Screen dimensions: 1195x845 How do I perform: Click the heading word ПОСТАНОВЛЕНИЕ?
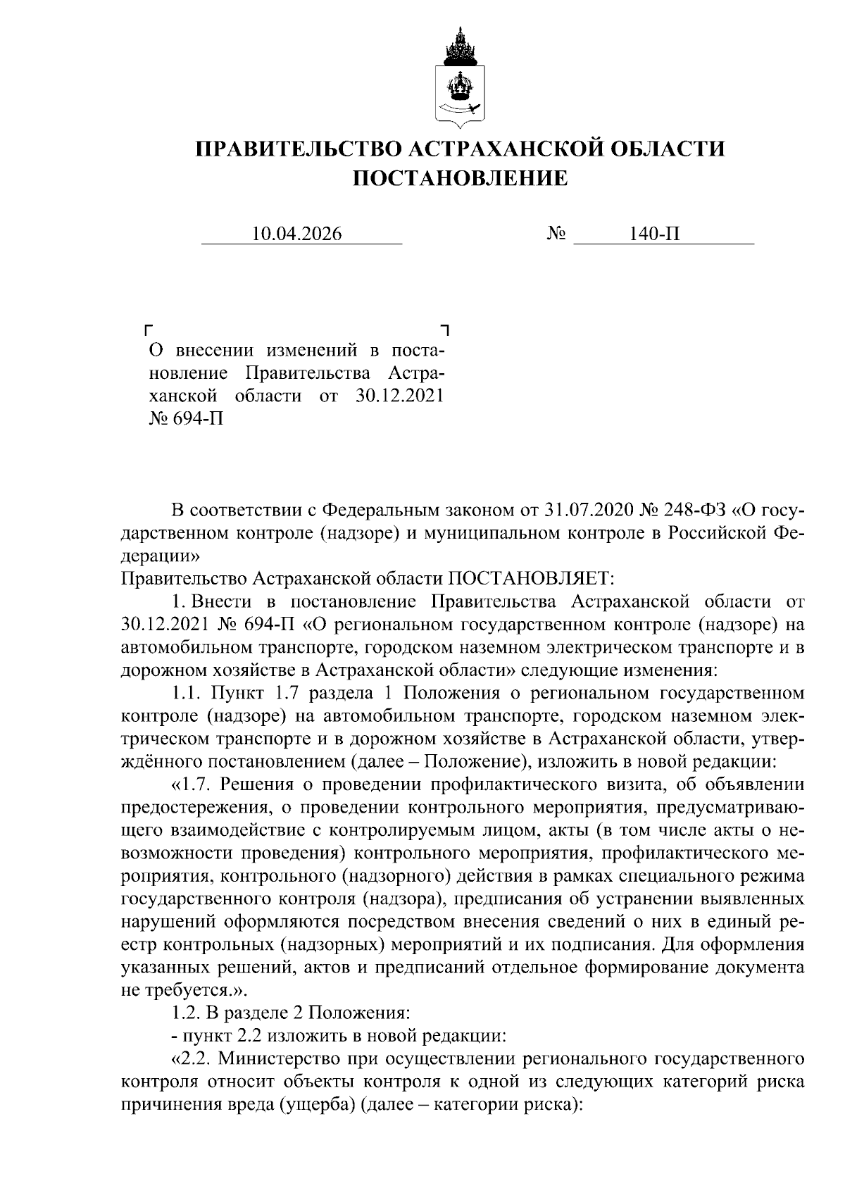(x=459, y=178)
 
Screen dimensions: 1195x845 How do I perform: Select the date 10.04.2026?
(x=296, y=233)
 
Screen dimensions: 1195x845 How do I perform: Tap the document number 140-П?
(x=656, y=233)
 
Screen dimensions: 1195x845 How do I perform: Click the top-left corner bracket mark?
(x=148, y=330)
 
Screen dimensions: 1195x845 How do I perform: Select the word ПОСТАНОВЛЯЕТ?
(x=532, y=578)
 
